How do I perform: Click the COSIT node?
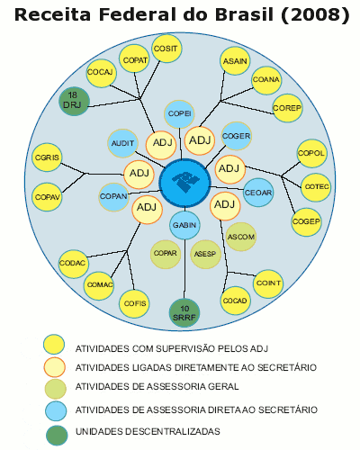166,49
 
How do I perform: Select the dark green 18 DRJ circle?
74,102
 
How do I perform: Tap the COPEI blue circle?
179,114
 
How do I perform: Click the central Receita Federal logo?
184,183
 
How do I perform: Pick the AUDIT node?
122,143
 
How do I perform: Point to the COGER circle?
237,136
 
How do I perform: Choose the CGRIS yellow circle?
47,157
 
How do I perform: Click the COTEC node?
316,187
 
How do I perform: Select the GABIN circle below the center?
184,225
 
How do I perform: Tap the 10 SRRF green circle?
184,313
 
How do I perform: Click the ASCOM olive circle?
240,237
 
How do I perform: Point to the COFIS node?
134,303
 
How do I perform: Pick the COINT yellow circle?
268,283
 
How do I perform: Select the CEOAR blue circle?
258,193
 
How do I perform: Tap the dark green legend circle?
57,436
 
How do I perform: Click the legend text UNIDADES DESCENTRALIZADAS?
148,431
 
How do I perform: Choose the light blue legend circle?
56,410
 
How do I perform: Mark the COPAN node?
113,197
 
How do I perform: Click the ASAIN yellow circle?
235,61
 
